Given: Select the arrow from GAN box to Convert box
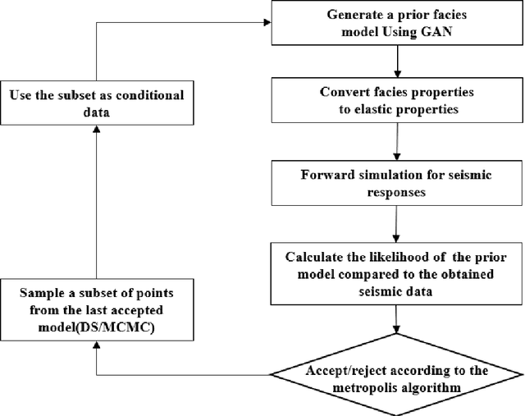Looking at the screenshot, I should click(x=398, y=59).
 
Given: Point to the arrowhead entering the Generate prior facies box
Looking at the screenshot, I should click(x=269, y=23).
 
